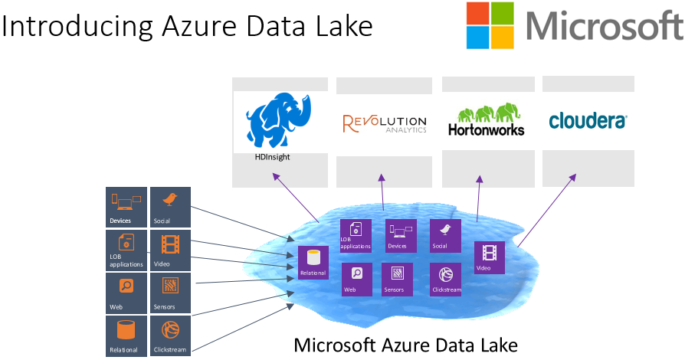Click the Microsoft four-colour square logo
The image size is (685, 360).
490,25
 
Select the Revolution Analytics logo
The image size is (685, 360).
385,123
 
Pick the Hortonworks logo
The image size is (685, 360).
486,121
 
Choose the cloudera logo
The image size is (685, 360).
588,120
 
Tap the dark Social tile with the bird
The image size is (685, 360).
170,206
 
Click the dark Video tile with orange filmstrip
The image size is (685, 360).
170,250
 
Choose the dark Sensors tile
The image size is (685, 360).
170,293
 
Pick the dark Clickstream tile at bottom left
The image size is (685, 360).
170,335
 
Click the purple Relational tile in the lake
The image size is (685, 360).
313,263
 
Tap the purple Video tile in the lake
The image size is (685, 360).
490,257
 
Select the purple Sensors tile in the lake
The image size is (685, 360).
398,280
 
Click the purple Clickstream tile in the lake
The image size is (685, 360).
445,280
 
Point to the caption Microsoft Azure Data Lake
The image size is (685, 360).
406,345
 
